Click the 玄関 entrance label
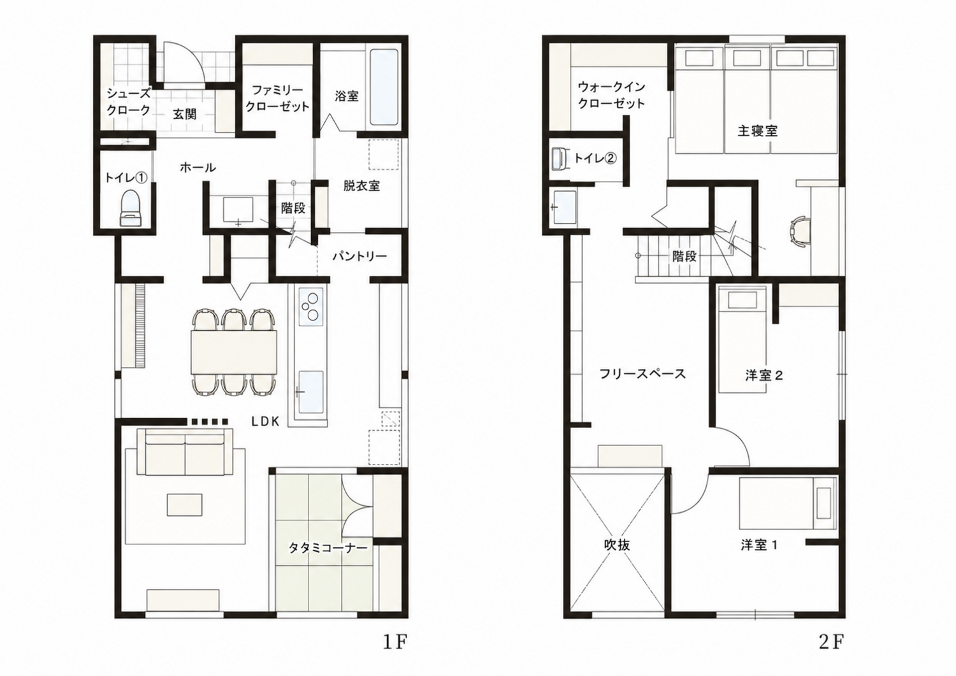click(x=185, y=115)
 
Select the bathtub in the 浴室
click(x=384, y=87)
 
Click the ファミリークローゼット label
click(x=277, y=98)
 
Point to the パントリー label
click(x=360, y=256)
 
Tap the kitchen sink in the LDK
click(x=310, y=392)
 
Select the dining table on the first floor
click(x=234, y=352)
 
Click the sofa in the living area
click(x=185, y=452)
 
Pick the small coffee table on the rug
click(x=185, y=505)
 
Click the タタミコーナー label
click(x=328, y=548)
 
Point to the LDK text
click(x=265, y=422)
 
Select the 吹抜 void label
click(x=617, y=545)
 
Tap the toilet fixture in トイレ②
click(x=560, y=159)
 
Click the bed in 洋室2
click(x=742, y=340)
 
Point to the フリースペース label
click(x=642, y=374)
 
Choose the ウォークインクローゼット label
click(x=611, y=95)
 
